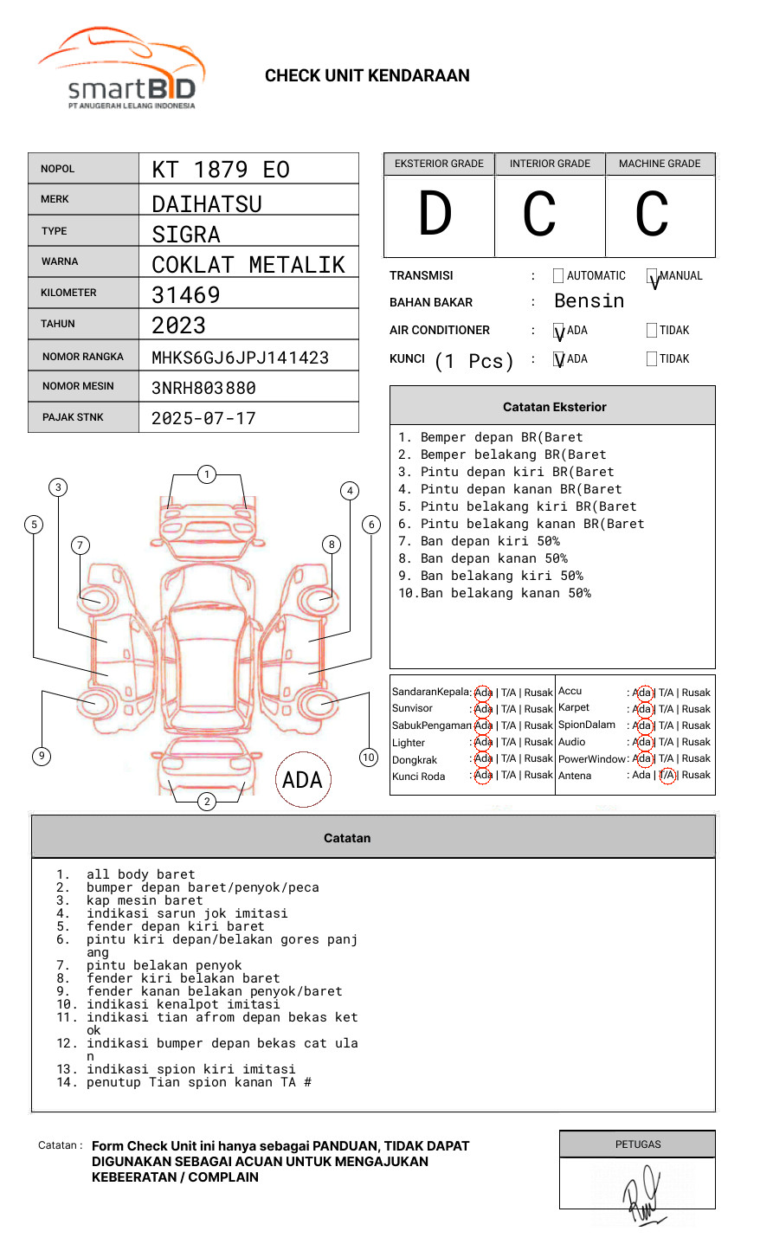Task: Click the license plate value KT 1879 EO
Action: (221, 170)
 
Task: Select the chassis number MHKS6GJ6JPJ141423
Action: (240, 358)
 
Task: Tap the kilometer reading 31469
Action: (186, 295)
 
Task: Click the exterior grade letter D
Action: (435, 215)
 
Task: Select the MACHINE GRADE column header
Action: (660, 164)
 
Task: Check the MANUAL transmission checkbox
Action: (652, 276)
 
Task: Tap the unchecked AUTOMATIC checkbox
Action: (558, 276)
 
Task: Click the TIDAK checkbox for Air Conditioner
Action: (652, 331)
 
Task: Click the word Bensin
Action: (589, 301)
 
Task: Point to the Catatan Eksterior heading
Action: (554, 407)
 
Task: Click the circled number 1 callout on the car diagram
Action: (206, 474)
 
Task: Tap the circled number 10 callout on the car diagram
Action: (369, 757)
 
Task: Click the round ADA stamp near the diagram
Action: (302, 780)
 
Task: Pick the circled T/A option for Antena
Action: (667, 775)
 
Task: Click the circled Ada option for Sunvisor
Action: (483, 709)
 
